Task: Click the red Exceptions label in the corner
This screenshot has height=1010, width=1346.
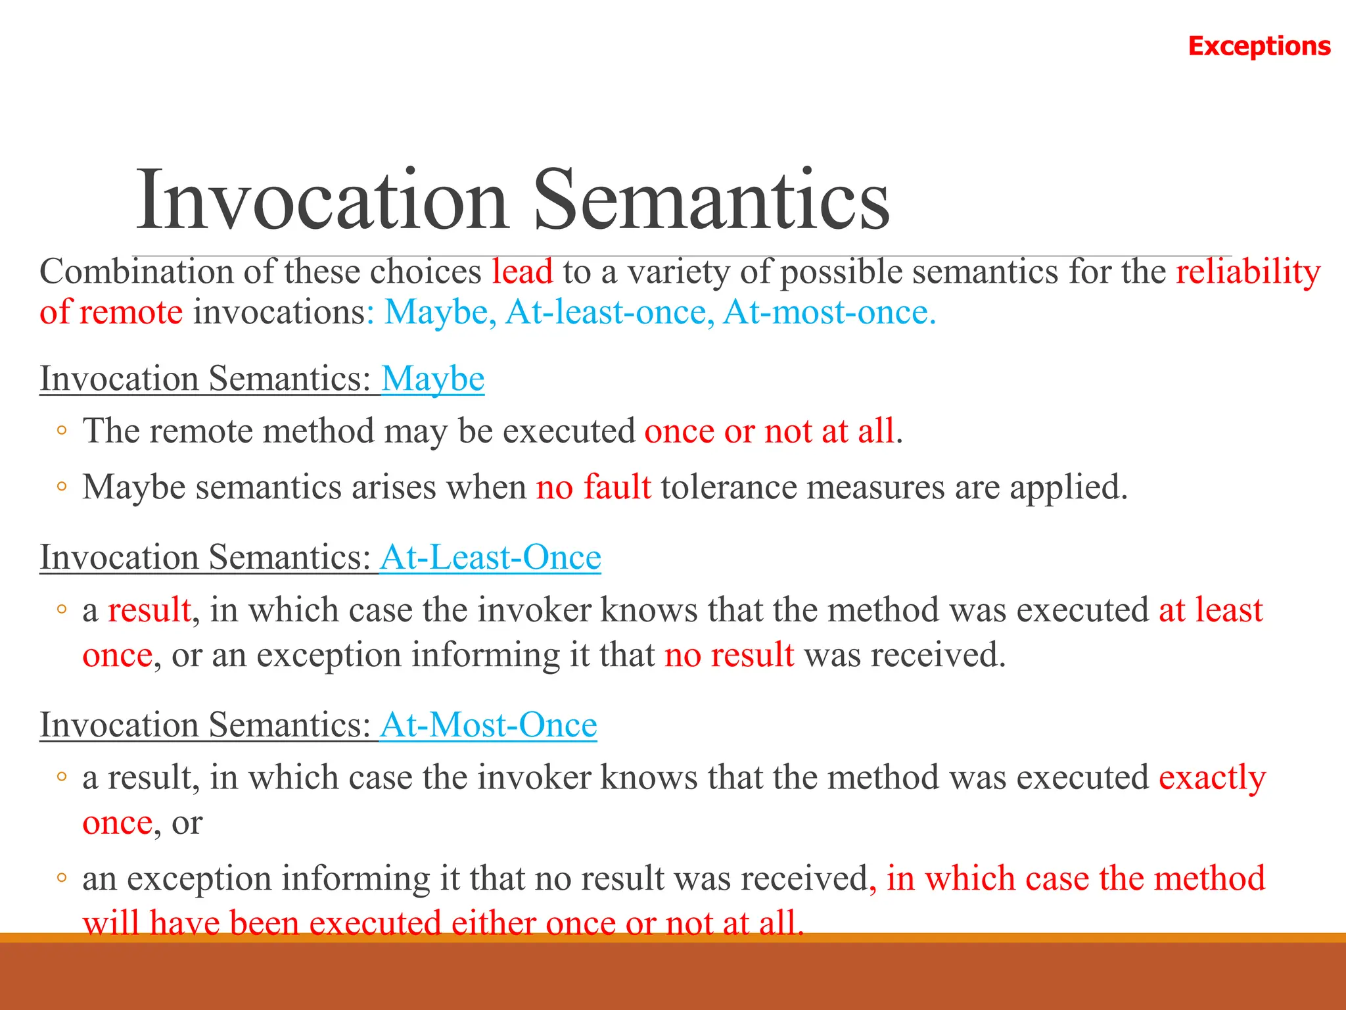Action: pyautogui.click(x=1259, y=46)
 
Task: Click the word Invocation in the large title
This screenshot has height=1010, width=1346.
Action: pyautogui.click(x=321, y=200)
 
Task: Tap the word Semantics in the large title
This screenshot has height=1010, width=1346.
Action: pyautogui.click(x=711, y=200)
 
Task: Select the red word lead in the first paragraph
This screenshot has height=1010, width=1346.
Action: pyautogui.click(x=522, y=272)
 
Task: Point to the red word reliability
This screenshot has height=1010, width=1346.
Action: pyautogui.click(x=1247, y=272)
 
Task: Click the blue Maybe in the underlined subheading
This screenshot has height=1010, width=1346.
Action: pyautogui.click(x=432, y=379)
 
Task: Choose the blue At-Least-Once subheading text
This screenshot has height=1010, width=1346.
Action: pyautogui.click(x=490, y=558)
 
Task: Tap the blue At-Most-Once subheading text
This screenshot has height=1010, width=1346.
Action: pyautogui.click(x=488, y=725)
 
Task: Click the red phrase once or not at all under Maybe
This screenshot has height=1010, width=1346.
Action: pyautogui.click(x=769, y=432)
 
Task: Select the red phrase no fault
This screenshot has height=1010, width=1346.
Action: pyautogui.click(x=593, y=488)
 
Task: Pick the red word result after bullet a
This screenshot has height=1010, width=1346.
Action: pyautogui.click(x=149, y=610)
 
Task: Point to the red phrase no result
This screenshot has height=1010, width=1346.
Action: pyautogui.click(x=729, y=656)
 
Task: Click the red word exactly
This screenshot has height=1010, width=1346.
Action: pyautogui.click(x=1211, y=778)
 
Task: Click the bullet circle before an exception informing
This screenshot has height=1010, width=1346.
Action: pyautogui.click(x=61, y=878)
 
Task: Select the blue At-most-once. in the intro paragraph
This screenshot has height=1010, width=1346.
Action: pyautogui.click(x=829, y=312)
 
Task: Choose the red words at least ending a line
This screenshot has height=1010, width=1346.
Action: pyautogui.click(x=1210, y=610)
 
